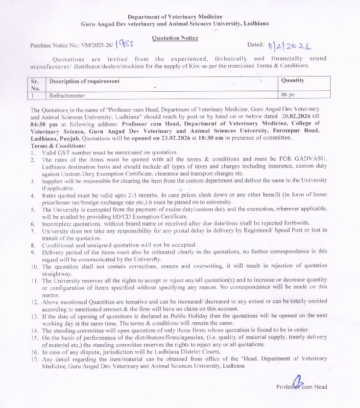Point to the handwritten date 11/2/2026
point(289,46)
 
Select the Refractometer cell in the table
point(67,95)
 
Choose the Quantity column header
point(293,80)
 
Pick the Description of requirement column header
point(84,81)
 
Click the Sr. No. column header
point(35,84)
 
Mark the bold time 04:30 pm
point(43,124)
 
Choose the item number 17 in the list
point(34,358)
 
